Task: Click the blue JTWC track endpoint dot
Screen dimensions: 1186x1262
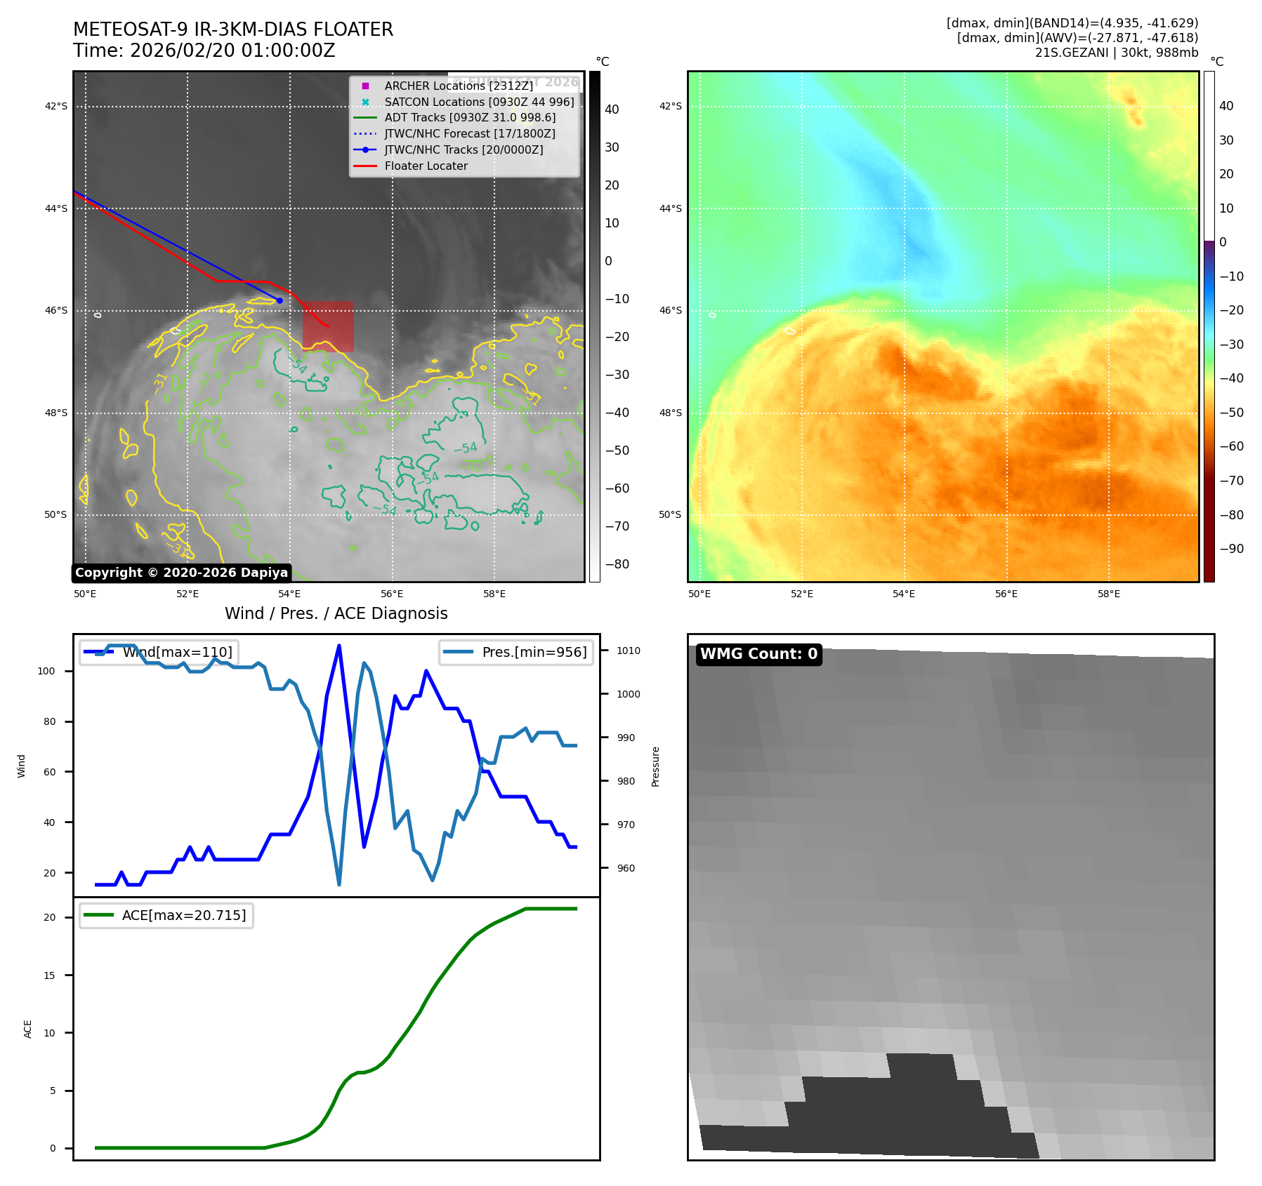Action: pyautogui.click(x=280, y=300)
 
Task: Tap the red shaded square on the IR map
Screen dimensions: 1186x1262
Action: pyautogui.click(x=328, y=326)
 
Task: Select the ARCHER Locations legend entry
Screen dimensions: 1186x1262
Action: pyautogui.click(x=459, y=86)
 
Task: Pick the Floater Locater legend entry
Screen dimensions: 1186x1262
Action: pyautogui.click(x=426, y=166)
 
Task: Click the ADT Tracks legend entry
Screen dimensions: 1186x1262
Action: pyautogui.click(x=469, y=117)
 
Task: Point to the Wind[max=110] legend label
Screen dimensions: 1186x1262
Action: pyautogui.click(x=177, y=652)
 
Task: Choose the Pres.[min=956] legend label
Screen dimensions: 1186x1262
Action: pyautogui.click(x=534, y=652)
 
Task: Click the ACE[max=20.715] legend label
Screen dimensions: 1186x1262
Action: pyautogui.click(x=184, y=915)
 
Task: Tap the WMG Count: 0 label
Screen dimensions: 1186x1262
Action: pyautogui.click(x=758, y=654)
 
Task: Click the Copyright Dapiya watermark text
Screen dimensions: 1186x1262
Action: pyautogui.click(x=181, y=573)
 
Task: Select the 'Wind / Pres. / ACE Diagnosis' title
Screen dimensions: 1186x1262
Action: pyautogui.click(x=336, y=613)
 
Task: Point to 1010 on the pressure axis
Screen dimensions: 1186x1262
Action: pyautogui.click(x=629, y=651)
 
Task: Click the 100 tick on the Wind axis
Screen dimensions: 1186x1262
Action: pyautogui.click(x=46, y=671)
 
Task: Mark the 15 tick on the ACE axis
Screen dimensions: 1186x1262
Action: pyautogui.click(x=49, y=975)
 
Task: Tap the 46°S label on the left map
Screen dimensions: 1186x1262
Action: pyautogui.click(x=56, y=310)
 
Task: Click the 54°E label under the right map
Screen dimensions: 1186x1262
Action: pyautogui.click(x=904, y=594)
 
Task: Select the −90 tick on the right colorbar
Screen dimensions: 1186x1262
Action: pyautogui.click(x=1231, y=549)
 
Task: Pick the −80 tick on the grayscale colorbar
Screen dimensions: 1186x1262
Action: pyautogui.click(x=617, y=564)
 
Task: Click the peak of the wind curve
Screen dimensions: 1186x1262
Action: pyautogui.click(x=339, y=645)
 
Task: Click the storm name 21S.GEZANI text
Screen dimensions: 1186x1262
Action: pyautogui.click(x=1071, y=53)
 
